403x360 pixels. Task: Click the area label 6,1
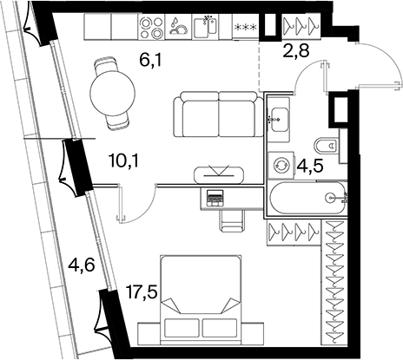[x=150, y=61]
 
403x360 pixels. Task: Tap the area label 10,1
[x=124, y=160]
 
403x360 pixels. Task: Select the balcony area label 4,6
[x=81, y=265]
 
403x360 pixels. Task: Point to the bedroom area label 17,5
[x=142, y=292]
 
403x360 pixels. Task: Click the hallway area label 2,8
[x=295, y=50]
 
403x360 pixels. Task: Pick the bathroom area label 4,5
[x=309, y=167]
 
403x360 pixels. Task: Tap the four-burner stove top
[x=151, y=27]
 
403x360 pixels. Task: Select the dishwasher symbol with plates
[x=178, y=27]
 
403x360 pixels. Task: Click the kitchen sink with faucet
[x=205, y=27]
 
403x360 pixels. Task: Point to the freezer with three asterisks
[x=246, y=27]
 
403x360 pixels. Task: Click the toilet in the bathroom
[x=327, y=145]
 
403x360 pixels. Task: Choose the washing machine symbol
[x=281, y=165]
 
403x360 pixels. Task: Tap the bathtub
[x=308, y=198]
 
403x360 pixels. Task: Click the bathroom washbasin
[x=278, y=120]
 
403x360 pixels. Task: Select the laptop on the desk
[x=215, y=198]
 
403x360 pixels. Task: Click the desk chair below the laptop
[x=232, y=220]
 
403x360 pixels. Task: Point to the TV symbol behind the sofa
[x=219, y=174]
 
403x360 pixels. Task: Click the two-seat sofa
[x=219, y=115]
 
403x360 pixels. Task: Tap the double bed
[x=201, y=300]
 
